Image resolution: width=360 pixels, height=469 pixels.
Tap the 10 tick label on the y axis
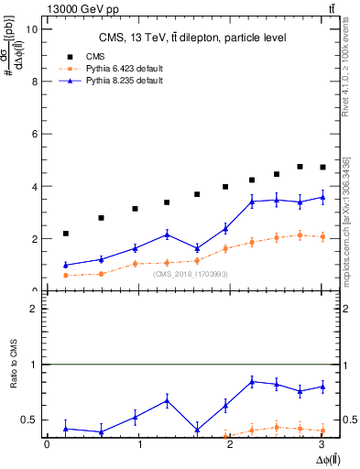click(32, 28)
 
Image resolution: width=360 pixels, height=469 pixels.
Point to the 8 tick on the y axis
click(35, 81)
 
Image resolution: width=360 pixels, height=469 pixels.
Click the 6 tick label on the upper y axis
click(35, 134)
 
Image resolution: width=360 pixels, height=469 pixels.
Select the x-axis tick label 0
click(47, 444)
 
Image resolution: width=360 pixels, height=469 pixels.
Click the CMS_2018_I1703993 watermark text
click(191, 273)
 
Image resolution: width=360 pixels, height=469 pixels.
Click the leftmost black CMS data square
click(66, 234)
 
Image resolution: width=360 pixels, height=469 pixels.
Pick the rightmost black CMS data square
click(322, 167)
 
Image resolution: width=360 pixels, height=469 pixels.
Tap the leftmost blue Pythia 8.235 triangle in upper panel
click(66, 265)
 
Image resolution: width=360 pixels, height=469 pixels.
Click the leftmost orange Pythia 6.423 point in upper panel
click(66, 275)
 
